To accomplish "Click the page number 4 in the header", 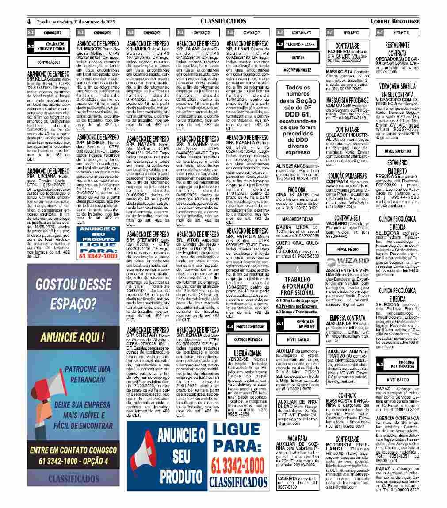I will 29,21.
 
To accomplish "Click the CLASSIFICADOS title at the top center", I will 223,21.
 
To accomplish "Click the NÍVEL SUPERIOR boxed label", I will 394,151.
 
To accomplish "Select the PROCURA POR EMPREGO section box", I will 397,364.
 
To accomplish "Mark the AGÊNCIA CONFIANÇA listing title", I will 397,417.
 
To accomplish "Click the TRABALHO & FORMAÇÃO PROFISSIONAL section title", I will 297,286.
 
